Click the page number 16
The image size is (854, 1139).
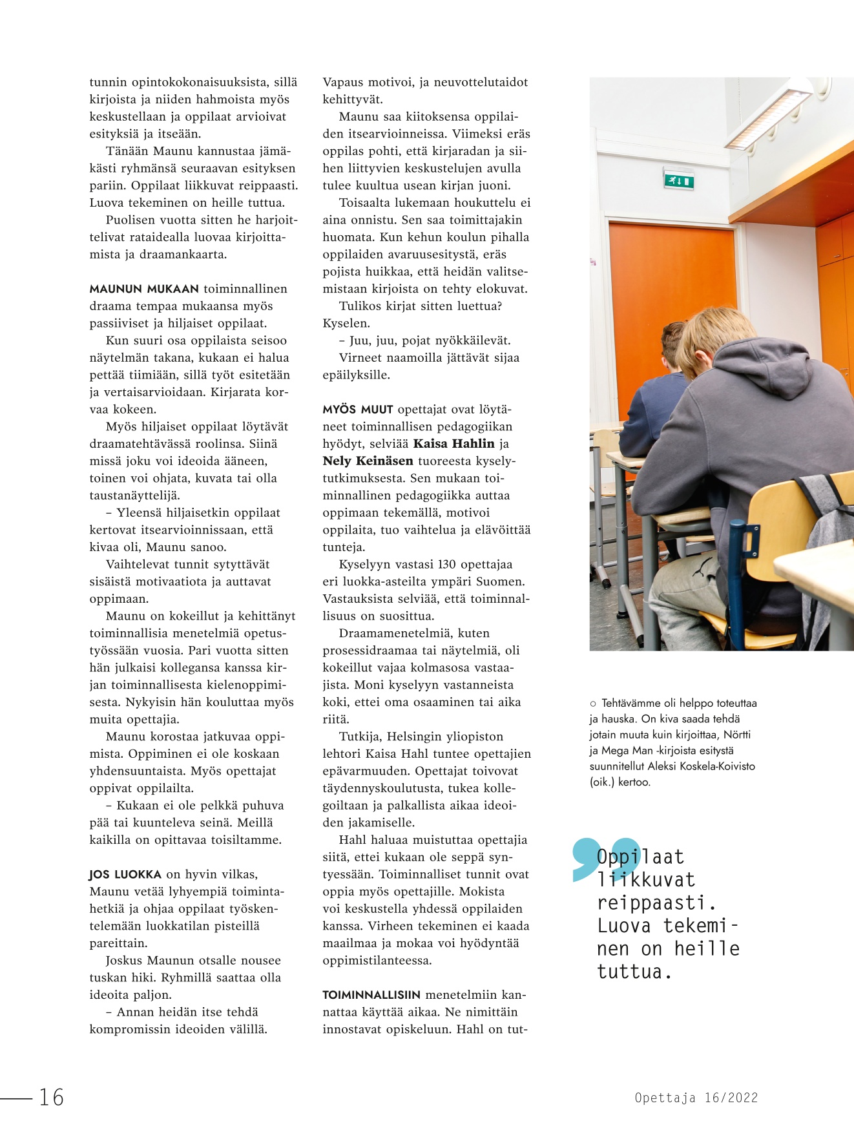coord(52,1097)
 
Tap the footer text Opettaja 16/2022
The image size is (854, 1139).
coord(696,1098)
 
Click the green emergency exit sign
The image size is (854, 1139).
coord(678,179)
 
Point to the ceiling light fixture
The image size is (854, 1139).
coord(769,113)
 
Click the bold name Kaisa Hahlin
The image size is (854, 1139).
coord(453,444)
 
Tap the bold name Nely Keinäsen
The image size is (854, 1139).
coord(368,461)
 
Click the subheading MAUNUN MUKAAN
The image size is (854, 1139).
coord(144,289)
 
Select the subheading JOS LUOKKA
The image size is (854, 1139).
coord(125,875)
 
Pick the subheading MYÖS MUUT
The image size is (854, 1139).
coord(358,410)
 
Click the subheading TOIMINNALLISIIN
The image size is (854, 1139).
coord(371,996)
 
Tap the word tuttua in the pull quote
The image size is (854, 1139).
coord(630,972)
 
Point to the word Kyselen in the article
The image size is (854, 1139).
coord(346,323)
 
